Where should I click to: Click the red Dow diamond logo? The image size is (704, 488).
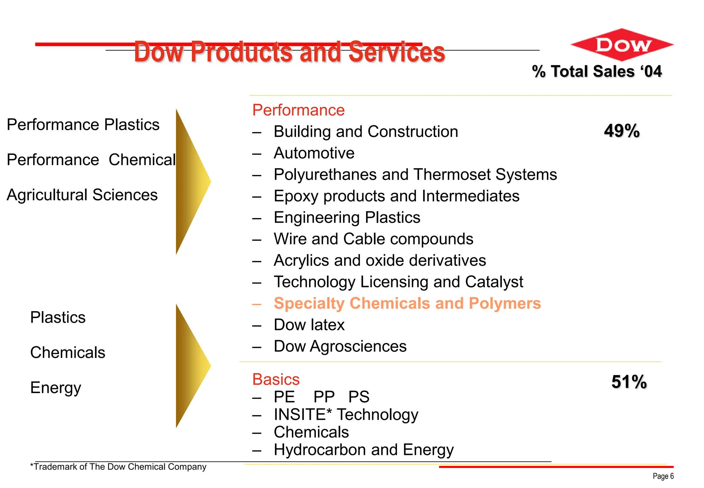(x=622, y=45)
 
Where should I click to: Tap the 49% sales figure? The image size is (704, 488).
(x=621, y=131)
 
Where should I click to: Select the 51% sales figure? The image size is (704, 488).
(x=629, y=382)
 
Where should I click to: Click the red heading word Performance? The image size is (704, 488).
(x=298, y=110)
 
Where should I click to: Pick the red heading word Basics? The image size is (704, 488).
(x=276, y=380)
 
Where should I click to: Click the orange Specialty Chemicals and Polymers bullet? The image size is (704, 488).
(x=407, y=304)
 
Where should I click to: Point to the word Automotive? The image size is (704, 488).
(x=314, y=153)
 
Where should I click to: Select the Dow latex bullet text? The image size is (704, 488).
(x=309, y=325)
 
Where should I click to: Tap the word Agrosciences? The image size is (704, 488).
(x=358, y=347)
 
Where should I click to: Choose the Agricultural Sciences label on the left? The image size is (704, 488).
(x=82, y=195)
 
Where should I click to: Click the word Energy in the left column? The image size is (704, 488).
(x=56, y=388)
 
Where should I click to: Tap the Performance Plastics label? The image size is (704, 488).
(x=83, y=125)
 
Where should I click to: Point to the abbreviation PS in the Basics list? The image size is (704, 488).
(x=359, y=397)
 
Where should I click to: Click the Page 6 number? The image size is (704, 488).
(x=663, y=476)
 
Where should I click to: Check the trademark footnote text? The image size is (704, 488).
(x=118, y=467)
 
